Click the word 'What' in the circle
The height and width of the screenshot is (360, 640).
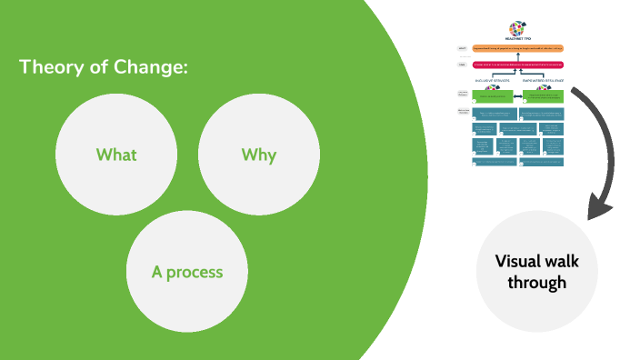116,155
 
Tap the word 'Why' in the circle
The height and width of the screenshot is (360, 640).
259,155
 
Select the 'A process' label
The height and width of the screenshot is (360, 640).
187,272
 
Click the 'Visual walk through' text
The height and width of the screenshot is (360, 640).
536,271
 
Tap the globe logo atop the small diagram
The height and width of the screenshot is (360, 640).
516,27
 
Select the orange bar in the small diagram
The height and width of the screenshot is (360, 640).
516,48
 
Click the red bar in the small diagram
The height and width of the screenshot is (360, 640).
516,65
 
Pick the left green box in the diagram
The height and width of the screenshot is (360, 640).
492,95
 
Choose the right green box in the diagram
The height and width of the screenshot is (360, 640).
542,95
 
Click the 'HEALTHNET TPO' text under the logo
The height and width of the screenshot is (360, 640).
516,39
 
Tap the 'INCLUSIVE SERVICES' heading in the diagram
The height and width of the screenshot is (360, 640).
492,80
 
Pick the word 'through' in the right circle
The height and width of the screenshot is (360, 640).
536,283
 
